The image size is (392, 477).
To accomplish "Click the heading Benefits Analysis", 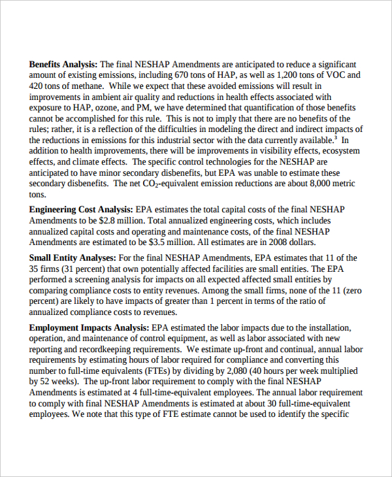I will pos(63,65).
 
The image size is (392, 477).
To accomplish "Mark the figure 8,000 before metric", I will pos(318,184).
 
